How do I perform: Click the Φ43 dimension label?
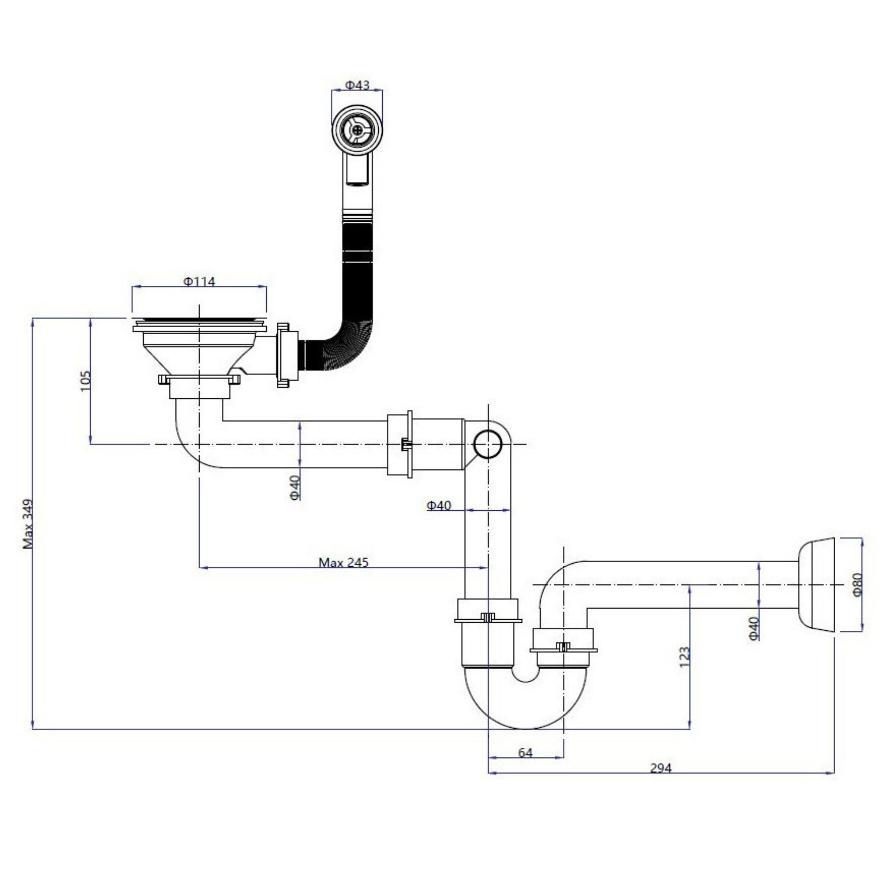click(x=357, y=85)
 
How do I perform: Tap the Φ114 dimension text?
click(x=199, y=281)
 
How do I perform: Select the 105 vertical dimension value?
click(x=86, y=381)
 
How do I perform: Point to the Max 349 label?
click(x=28, y=524)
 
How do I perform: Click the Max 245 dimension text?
click(x=343, y=562)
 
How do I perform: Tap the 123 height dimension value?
click(x=685, y=657)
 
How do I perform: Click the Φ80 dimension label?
click(x=857, y=585)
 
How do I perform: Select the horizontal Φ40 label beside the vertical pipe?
click(x=439, y=506)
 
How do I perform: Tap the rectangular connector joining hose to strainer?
click(x=288, y=355)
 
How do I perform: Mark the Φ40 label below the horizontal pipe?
click(x=295, y=487)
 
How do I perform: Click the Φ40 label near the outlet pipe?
click(x=753, y=629)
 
